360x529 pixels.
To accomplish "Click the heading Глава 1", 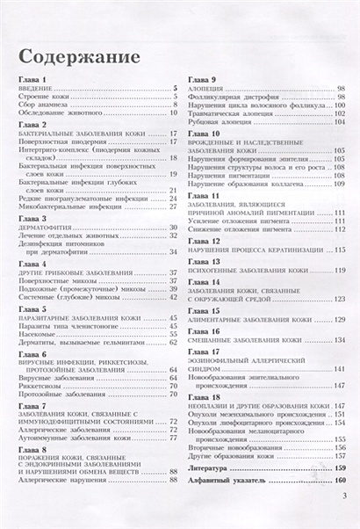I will (x=32, y=80).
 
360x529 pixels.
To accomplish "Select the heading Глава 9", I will (x=201, y=80).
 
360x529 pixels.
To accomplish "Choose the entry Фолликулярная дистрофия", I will (x=227, y=97).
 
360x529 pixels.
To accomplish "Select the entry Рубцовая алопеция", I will (x=218, y=123).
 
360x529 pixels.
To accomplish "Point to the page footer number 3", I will (x=345, y=519).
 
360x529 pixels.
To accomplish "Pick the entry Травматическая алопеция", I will (x=227, y=114).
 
